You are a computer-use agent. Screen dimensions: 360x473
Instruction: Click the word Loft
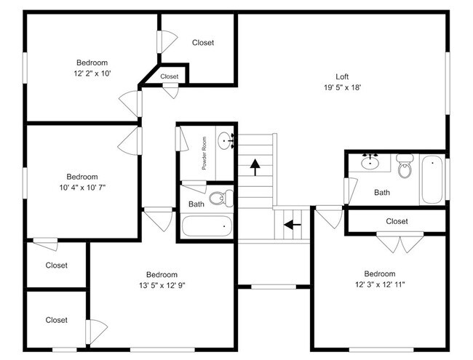point(342,76)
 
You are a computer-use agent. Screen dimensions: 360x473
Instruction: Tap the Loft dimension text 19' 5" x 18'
point(342,87)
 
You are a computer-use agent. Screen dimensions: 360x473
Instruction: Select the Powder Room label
point(205,153)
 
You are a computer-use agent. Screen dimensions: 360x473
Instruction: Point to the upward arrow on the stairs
point(255,167)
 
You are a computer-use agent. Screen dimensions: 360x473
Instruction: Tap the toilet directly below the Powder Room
point(220,197)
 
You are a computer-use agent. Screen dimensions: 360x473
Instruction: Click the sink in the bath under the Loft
point(371,162)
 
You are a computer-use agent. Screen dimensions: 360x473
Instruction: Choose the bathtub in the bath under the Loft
point(432,179)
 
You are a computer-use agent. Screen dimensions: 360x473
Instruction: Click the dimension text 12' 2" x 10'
point(92,73)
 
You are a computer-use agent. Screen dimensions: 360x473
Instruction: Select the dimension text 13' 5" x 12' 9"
point(162,285)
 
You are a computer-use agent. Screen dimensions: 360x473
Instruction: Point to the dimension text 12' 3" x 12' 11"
point(380,284)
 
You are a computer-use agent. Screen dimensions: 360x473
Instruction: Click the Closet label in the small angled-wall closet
point(170,76)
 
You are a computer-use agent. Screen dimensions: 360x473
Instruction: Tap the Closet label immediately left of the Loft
point(203,43)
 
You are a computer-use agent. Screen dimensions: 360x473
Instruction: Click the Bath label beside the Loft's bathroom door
point(382,193)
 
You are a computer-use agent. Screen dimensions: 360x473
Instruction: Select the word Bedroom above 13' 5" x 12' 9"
point(162,274)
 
